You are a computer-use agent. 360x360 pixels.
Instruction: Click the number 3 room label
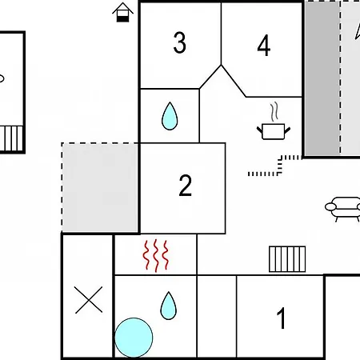(179, 42)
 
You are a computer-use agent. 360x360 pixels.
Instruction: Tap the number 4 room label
(264, 46)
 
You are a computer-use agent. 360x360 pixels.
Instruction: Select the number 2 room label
(186, 186)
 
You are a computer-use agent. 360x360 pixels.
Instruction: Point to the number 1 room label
(282, 318)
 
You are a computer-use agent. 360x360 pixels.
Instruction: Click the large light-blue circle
(134, 338)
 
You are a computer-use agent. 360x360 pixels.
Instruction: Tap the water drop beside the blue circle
(169, 306)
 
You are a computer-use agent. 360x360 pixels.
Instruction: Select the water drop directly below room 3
(170, 116)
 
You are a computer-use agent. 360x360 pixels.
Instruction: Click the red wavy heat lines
(156, 256)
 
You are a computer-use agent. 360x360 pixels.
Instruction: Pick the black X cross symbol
(89, 300)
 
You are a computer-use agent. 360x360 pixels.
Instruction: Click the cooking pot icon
(274, 131)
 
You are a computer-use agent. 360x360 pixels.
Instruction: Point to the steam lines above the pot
(274, 111)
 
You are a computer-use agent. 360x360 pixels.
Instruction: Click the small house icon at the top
(122, 12)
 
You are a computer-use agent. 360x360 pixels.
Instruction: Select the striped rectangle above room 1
(287, 259)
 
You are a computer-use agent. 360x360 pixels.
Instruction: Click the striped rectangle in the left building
(11, 138)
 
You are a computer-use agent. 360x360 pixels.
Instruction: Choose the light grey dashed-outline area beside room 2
(100, 188)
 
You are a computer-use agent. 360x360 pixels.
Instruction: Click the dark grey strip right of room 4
(322, 78)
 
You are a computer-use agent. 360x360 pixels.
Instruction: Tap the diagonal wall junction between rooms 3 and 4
(221, 65)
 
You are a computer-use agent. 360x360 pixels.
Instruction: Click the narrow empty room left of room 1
(217, 316)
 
